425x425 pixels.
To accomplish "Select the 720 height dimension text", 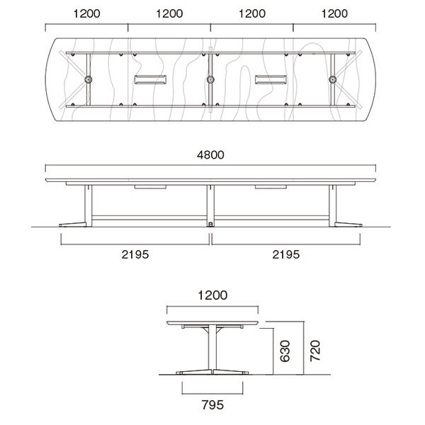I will [316, 349].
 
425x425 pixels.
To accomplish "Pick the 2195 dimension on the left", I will [135, 254].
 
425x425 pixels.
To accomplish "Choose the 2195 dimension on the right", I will [286, 254].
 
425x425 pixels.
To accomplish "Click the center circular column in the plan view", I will [210, 80].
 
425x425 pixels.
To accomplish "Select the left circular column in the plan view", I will [89, 80].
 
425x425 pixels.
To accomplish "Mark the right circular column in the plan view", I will [332, 80].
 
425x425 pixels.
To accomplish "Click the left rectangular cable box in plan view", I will [150, 80].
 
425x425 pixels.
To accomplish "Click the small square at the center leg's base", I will [210, 224].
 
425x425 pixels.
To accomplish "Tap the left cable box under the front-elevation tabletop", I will [150, 187].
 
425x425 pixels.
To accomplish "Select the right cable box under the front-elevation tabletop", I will [271, 187].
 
